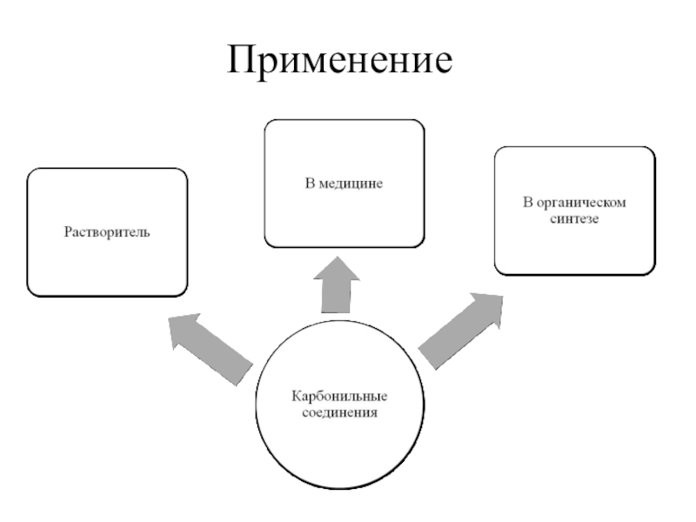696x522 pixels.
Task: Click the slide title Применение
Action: [x=341, y=61]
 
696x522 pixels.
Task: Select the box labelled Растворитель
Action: [x=107, y=231]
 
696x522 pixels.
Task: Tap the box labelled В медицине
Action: [x=344, y=184]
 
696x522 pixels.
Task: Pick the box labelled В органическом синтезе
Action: [x=573, y=211]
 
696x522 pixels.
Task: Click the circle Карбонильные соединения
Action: [x=340, y=404]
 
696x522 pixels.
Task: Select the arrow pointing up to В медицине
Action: [x=336, y=288]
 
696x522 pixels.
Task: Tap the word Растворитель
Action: [x=107, y=232]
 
